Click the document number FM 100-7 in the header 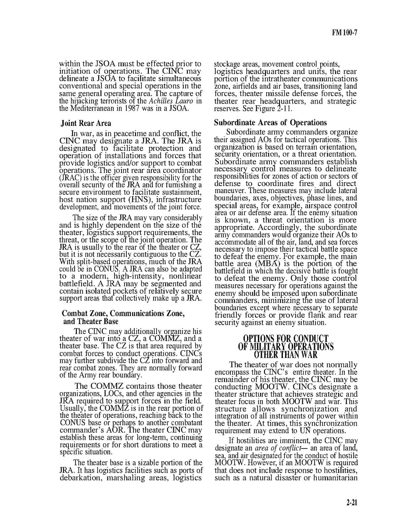point(345,33)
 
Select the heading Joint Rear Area point(86,123)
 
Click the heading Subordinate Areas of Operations point(270,122)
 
